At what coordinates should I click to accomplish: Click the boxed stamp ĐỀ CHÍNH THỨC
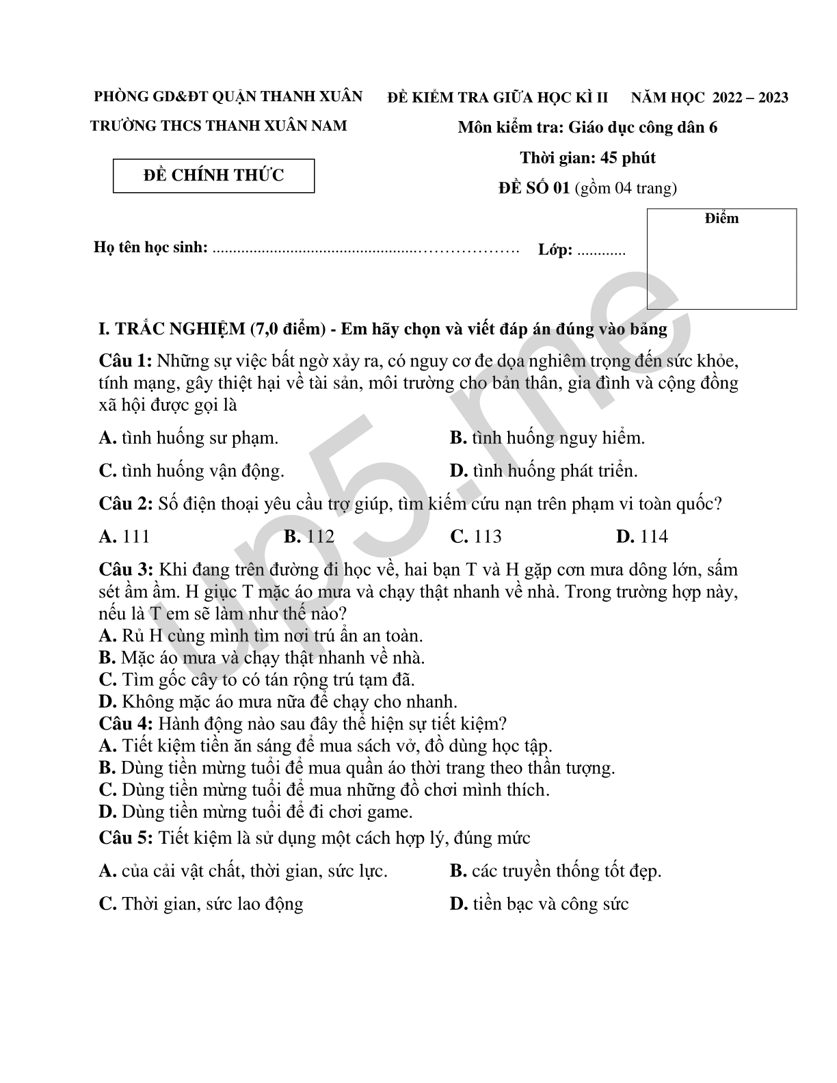(213, 176)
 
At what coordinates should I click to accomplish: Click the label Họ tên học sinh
(150, 248)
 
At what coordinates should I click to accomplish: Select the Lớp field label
(555, 250)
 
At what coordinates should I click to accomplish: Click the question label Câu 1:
(125, 361)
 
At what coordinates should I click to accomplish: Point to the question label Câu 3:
(125, 570)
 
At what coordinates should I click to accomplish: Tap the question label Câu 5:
(125, 838)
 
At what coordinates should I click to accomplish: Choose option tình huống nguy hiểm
(557, 438)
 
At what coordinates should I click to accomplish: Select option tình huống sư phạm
(199, 438)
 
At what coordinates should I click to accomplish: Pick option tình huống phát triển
(554, 471)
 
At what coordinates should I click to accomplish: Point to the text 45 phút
(628, 158)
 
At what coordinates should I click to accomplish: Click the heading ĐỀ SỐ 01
(533, 188)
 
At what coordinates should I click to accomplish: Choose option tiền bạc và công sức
(550, 904)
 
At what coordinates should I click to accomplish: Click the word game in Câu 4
(390, 812)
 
